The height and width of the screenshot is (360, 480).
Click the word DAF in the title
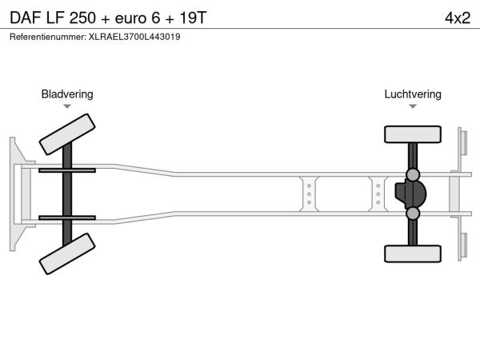click(26, 18)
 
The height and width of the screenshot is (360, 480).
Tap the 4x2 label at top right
click(458, 18)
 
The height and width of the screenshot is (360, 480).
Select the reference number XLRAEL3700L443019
click(134, 37)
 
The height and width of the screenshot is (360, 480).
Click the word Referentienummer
click(48, 37)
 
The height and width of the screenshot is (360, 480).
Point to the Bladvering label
click(67, 94)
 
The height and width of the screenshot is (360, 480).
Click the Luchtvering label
click(413, 94)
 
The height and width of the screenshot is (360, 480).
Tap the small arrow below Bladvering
click(67, 106)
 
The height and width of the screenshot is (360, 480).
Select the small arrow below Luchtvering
click(413, 106)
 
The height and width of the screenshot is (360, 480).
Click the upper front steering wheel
click(67, 134)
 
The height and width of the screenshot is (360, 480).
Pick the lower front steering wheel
click(67, 254)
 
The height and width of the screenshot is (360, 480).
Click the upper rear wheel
click(413, 134)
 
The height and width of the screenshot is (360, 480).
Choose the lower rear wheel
click(413, 254)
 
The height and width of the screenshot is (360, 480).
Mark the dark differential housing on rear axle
click(410, 194)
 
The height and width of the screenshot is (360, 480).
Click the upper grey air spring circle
click(413, 174)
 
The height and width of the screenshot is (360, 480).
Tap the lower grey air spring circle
click(413, 214)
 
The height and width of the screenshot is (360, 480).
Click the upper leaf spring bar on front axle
click(67, 170)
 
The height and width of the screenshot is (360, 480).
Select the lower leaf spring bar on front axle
click(67, 218)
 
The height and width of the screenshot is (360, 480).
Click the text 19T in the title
click(193, 18)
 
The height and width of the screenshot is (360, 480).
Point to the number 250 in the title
click(82, 18)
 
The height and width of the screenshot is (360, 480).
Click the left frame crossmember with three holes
click(309, 194)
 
